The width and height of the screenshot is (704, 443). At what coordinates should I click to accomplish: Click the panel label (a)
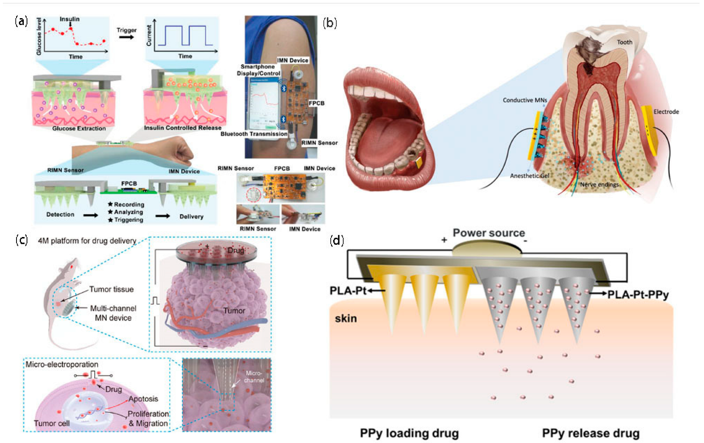point(21,21)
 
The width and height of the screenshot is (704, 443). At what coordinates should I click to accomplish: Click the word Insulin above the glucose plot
point(69,19)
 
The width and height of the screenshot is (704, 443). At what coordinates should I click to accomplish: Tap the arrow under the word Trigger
point(126,37)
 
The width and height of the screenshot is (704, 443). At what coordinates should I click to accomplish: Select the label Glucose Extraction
point(79,128)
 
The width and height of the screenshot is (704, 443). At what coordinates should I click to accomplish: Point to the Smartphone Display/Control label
point(258,70)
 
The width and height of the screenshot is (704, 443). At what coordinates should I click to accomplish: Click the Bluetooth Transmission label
point(254,134)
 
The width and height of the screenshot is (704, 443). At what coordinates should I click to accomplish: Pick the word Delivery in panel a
point(191,216)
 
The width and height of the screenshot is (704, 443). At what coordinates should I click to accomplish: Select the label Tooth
point(624,42)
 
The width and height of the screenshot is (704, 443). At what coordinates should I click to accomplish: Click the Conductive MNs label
point(524,100)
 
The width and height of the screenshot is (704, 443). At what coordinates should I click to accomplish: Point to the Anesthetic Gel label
point(529,176)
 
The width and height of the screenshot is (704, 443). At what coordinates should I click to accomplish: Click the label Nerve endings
point(599,185)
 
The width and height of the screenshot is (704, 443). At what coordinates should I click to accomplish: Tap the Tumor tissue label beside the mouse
point(111,289)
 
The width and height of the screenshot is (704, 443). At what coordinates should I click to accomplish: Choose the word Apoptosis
point(143,399)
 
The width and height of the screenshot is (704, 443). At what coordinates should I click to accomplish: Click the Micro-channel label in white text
point(254,376)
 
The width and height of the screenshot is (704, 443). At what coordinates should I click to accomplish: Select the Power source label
point(489,233)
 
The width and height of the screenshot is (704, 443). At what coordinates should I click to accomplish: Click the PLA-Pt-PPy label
point(638,295)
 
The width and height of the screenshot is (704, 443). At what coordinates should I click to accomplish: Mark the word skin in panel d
point(346,318)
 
